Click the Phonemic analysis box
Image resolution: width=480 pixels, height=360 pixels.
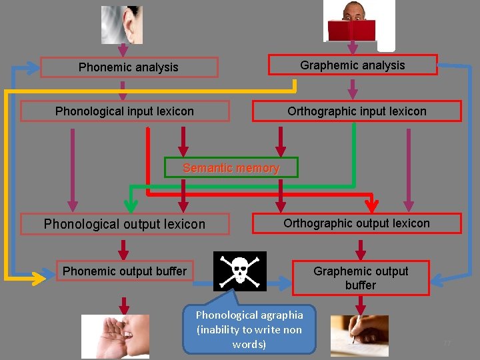point(129,67)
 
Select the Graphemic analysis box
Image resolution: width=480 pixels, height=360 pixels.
point(353,65)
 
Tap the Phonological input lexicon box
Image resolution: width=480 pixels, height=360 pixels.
point(125,111)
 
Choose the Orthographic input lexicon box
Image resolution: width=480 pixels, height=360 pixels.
point(357,111)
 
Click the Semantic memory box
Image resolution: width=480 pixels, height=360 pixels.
point(231,168)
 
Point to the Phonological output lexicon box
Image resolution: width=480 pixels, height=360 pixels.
point(125,224)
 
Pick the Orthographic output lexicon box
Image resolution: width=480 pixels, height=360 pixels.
point(357,223)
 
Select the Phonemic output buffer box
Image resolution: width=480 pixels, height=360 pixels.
point(125,271)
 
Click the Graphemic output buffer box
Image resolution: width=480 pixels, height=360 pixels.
point(361,278)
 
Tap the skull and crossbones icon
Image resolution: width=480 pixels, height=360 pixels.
point(240,271)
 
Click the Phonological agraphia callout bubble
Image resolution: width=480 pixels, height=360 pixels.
point(249,329)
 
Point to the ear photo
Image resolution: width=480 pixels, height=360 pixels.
point(122,25)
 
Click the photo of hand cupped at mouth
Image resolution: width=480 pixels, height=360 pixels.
point(115,337)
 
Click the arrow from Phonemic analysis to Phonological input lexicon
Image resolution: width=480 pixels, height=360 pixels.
point(123,90)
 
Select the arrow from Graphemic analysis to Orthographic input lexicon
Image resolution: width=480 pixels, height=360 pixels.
point(353,89)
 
